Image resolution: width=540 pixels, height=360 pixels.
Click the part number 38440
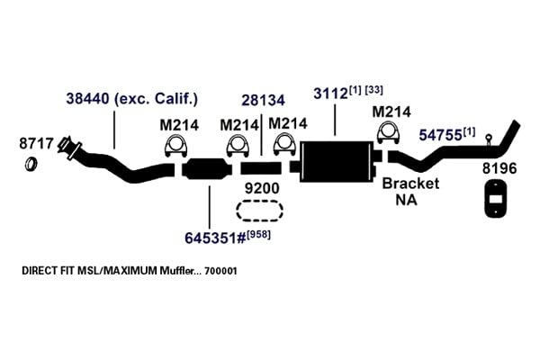pos(87,99)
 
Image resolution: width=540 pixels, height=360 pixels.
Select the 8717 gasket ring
pos(31,164)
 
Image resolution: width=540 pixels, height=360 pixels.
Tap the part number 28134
pos(263,100)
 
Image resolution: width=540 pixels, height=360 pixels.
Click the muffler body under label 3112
pos(336,161)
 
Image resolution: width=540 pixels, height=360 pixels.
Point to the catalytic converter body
pos(207,169)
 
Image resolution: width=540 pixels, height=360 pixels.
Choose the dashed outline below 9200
pos(260,211)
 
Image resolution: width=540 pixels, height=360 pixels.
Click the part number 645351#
pos(215,238)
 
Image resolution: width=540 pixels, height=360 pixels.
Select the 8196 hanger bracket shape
pos(496,200)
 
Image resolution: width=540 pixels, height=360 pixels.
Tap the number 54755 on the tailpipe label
pos(440,135)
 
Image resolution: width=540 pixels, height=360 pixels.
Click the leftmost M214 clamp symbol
pos(176,146)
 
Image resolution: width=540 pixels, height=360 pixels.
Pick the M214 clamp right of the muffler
pos(389,132)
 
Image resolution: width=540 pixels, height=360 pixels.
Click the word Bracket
pos(410,184)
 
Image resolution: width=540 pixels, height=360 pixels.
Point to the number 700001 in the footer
pos(220,271)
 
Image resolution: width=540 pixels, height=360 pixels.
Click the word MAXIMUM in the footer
pos(130,270)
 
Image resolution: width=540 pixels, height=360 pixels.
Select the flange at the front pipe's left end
pos(70,148)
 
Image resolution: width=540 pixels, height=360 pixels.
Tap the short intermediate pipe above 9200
pos(261,168)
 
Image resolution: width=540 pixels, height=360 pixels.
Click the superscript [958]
pos(259,234)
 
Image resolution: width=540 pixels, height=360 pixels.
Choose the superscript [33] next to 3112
pos(373,90)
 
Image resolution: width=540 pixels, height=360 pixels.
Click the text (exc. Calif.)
pos(156,99)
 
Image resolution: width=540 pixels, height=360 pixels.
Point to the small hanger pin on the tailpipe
pos(489,139)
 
